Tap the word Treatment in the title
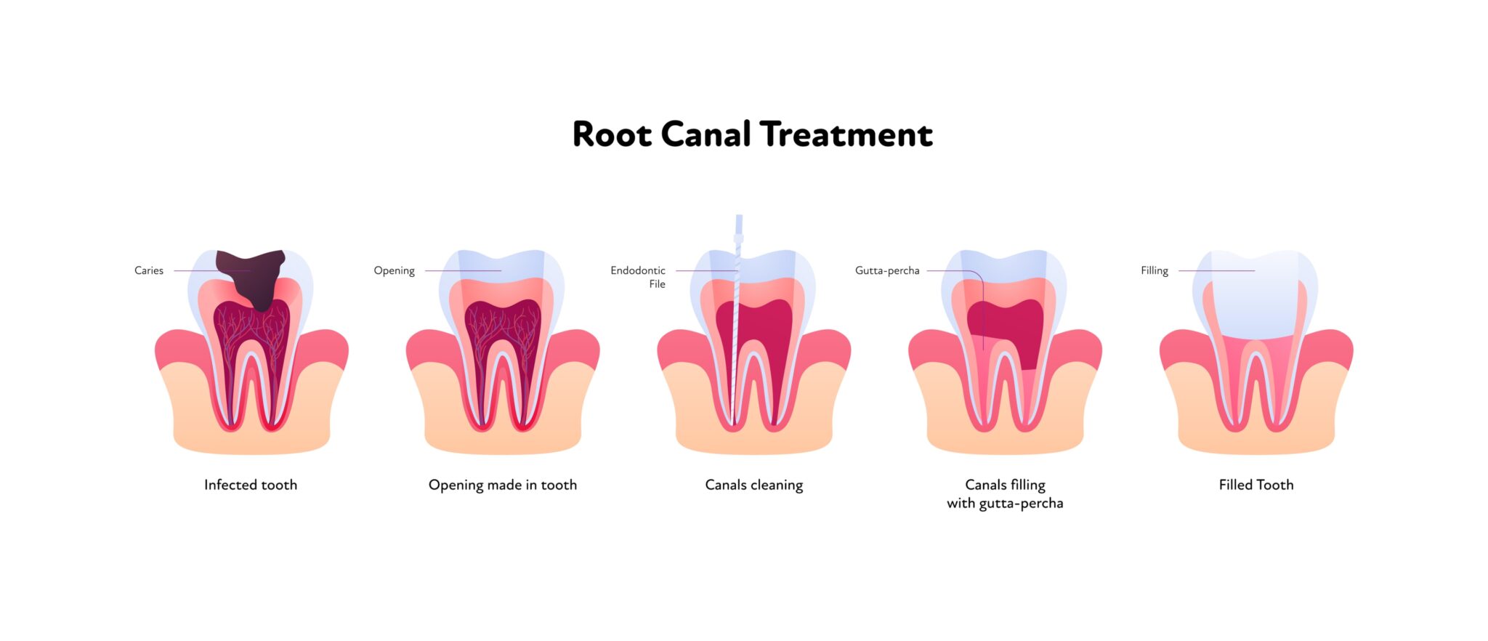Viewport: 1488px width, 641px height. point(846,134)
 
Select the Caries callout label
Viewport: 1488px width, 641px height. point(149,270)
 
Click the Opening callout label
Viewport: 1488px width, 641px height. point(394,270)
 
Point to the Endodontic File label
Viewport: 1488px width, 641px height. point(639,277)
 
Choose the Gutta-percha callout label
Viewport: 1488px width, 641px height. point(887,270)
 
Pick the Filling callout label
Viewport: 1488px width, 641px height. point(1154,270)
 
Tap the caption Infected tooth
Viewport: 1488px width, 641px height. point(251,485)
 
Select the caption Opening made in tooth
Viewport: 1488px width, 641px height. point(503,485)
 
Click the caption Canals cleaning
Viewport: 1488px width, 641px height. point(754,485)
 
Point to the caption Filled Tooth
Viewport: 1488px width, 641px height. point(1256,485)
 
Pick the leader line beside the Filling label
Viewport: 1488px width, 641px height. point(1216,270)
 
